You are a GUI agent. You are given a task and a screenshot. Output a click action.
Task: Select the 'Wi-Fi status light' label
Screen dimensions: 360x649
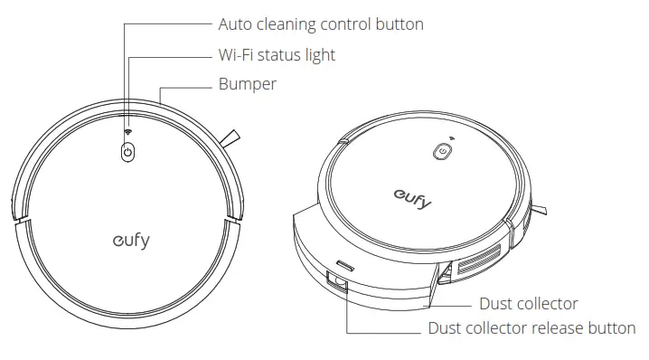point(277,55)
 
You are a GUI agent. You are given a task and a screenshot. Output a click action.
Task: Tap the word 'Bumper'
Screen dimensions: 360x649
point(247,84)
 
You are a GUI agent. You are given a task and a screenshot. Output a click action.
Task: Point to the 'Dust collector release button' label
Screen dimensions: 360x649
point(531,328)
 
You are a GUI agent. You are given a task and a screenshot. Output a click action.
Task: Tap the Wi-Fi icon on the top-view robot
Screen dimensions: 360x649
point(127,132)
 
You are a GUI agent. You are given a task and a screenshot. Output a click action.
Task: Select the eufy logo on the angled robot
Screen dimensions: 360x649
point(412,196)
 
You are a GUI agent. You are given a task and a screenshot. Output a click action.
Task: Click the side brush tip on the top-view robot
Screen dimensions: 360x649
point(232,138)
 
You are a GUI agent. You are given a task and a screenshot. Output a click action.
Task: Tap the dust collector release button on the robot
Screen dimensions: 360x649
point(340,284)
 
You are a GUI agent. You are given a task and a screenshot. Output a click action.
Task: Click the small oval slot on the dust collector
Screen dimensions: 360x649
point(344,265)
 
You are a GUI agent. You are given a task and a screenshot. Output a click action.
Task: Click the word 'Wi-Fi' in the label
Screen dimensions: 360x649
point(238,55)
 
